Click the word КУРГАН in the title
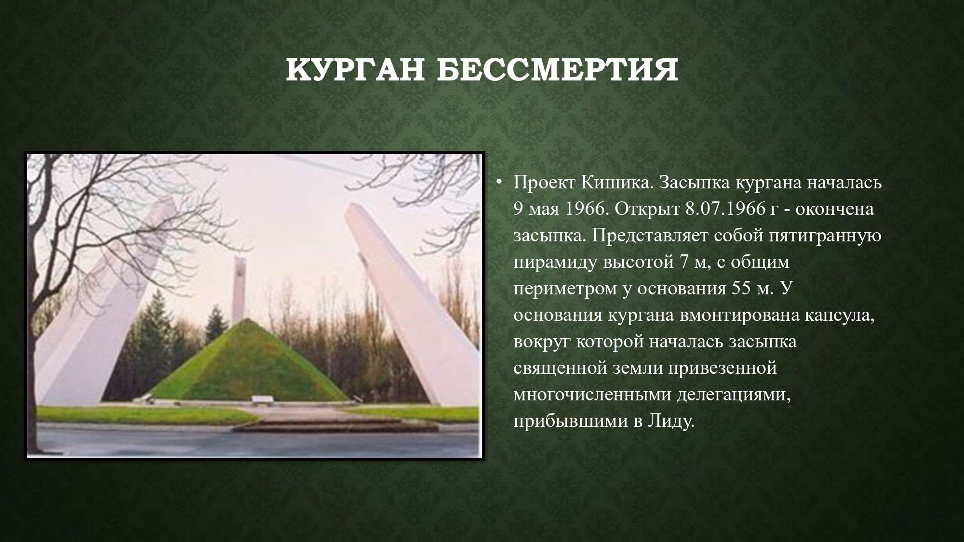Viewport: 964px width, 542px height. point(354,70)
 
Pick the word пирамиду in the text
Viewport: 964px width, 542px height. point(554,263)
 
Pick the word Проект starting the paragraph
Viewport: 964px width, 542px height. point(544,183)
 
